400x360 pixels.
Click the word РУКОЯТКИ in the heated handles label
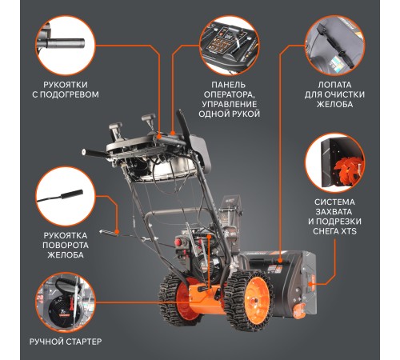point(66,85)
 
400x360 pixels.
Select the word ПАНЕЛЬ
point(229,85)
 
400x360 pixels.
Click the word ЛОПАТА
point(334,85)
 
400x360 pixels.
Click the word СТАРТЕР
point(83,342)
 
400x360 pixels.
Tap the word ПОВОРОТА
point(66,245)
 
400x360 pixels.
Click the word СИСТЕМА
point(334,202)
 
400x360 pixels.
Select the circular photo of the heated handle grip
point(66,46)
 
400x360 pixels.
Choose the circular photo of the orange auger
point(334,162)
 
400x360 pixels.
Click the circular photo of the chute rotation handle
point(66,196)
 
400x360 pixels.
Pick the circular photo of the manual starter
point(66,302)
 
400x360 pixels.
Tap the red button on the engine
point(178,242)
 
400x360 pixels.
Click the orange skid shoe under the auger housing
point(299,310)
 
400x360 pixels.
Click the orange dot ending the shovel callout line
point(280,261)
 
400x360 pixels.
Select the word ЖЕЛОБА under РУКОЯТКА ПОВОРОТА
point(66,254)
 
